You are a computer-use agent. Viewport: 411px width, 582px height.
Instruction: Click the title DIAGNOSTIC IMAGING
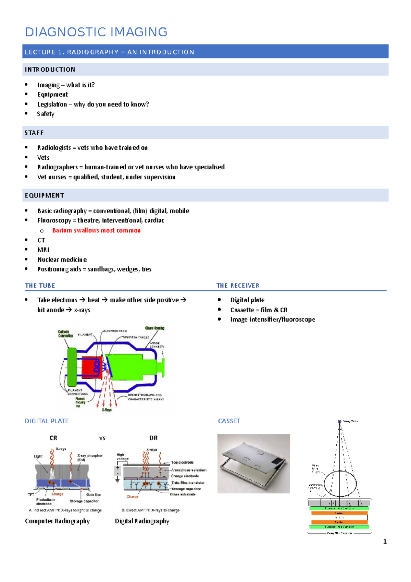(96, 32)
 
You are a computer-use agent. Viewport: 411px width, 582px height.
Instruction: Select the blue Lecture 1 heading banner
(205, 52)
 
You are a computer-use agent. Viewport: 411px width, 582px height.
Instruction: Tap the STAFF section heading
(34, 133)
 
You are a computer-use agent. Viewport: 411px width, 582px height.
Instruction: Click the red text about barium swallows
(96, 230)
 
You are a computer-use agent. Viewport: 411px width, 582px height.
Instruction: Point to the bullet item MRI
(43, 250)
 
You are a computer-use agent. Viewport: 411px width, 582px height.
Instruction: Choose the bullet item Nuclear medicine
(62, 259)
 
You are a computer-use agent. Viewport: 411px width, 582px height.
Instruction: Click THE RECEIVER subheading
(238, 286)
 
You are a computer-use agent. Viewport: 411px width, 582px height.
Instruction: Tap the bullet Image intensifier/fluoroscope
(272, 319)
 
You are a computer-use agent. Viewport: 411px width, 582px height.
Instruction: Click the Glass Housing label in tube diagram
(154, 328)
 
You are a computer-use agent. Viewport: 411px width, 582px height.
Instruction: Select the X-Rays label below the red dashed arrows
(107, 410)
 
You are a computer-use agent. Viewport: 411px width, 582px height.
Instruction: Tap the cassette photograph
(253, 463)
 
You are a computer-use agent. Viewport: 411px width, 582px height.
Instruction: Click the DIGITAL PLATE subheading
(47, 421)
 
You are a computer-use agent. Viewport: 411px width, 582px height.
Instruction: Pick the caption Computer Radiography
(57, 521)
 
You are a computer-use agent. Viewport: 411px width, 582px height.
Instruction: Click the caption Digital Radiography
(142, 521)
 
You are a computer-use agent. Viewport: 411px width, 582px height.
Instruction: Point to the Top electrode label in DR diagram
(182, 462)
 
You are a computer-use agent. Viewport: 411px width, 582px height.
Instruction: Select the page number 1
(385, 542)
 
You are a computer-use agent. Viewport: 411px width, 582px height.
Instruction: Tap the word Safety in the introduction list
(46, 114)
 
